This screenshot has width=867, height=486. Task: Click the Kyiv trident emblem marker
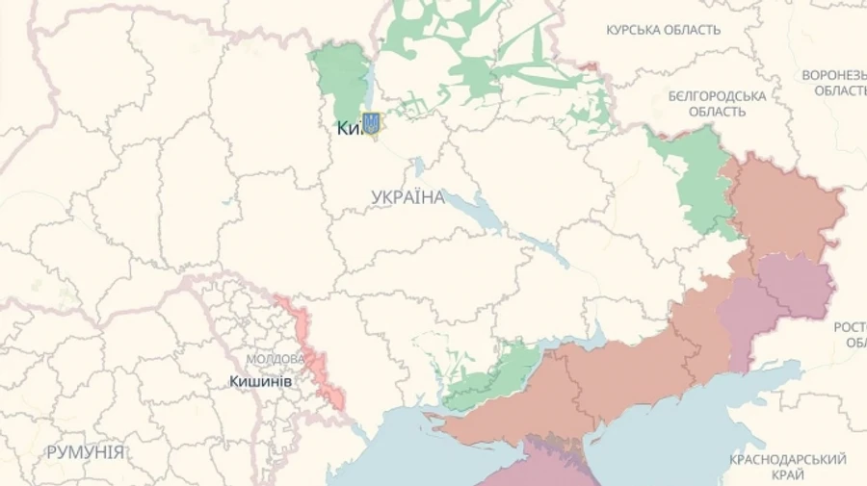[x=372, y=124]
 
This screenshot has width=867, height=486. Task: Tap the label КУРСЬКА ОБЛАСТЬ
[x=663, y=30]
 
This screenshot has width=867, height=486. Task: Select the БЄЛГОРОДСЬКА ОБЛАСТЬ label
[x=717, y=103]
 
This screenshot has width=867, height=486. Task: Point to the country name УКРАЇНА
[x=407, y=197]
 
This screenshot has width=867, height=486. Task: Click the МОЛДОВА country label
[x=276, y=359]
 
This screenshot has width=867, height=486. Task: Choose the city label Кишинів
[x=261, y=381]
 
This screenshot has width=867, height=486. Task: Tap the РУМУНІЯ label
[x=85, y=451]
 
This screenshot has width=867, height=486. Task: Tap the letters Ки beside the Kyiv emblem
[x=349, y=127]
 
